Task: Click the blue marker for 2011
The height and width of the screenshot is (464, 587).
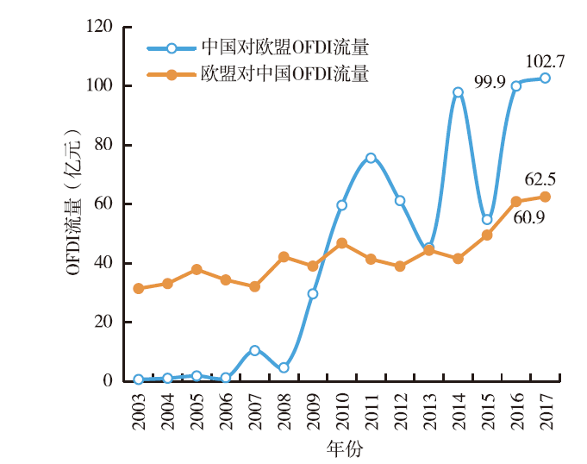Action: (371, 158)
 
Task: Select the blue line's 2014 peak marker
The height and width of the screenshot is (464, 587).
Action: (458, 92)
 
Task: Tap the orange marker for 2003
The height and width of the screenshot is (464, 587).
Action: (138, 288)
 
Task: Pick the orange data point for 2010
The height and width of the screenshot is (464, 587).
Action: (341, 243)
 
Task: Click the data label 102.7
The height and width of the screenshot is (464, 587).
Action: (545, 61)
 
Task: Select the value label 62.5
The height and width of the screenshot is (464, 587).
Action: (540, 179)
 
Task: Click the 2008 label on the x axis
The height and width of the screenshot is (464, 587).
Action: (284, 411)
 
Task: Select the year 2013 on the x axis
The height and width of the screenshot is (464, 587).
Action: (429, 411)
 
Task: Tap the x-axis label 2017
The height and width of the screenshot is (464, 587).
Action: (546, 411)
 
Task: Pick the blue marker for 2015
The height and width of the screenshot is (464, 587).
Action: (487, 219)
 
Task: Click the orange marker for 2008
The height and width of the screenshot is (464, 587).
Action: (284, 257)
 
